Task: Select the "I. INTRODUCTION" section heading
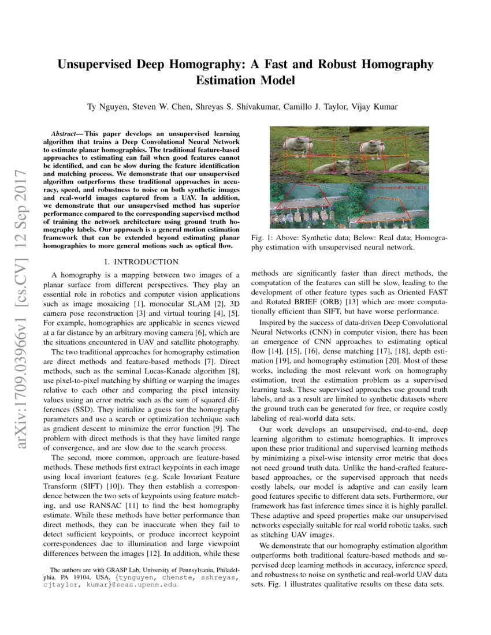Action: [x=141, y=262]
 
